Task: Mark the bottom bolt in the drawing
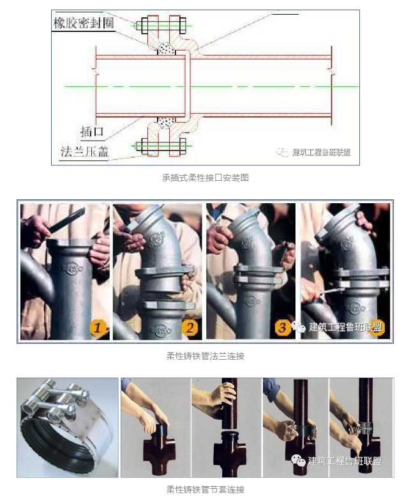[x=162, y=146]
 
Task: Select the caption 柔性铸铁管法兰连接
[x=205, y=356]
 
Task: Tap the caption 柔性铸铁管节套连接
[x=205, y=489]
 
